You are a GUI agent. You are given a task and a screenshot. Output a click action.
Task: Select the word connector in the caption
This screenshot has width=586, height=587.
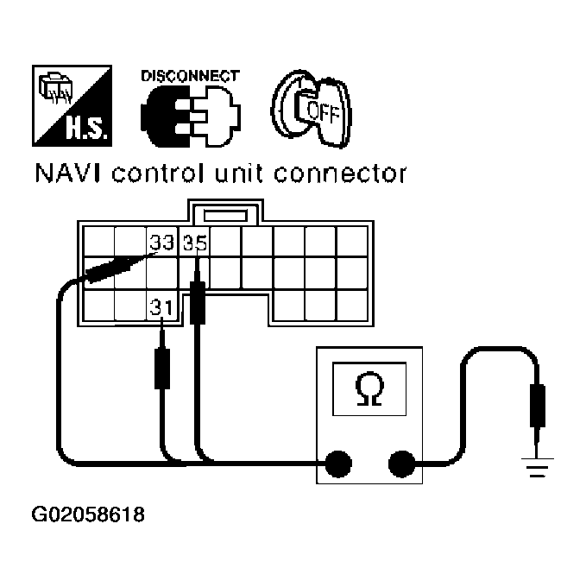(350, 174)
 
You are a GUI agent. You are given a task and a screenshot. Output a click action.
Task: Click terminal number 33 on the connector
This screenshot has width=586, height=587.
(161, 243)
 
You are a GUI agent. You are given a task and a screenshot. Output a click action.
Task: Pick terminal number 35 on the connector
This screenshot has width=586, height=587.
(196, 243)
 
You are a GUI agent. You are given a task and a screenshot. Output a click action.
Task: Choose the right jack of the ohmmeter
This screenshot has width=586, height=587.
(400, 464)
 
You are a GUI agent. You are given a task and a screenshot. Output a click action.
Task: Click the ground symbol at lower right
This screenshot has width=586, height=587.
(537, 468)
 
